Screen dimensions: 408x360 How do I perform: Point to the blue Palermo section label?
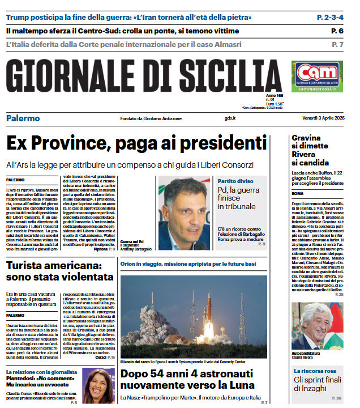point(23,118)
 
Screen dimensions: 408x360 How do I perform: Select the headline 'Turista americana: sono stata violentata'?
point(60,271)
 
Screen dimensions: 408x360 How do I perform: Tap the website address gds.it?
point(230,118)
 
